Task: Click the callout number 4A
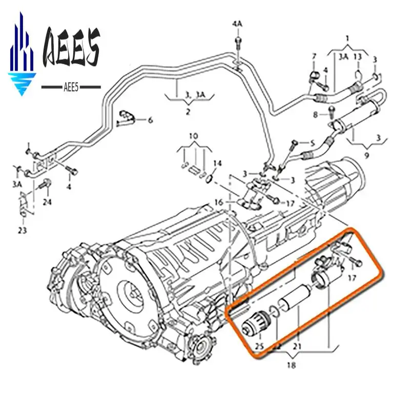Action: pos(237,24)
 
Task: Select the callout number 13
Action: pos(358,56)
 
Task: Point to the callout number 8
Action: pos(316,114)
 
